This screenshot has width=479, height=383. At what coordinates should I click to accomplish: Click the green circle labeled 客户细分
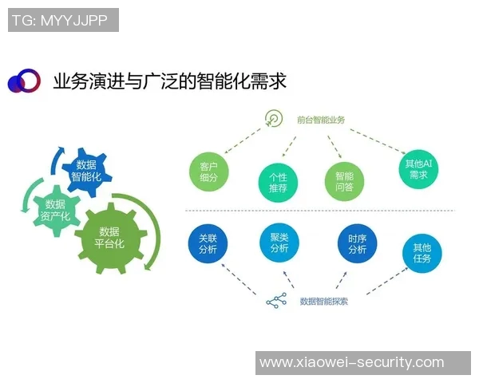[209, 172]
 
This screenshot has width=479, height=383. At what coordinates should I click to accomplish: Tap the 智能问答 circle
[344, 182]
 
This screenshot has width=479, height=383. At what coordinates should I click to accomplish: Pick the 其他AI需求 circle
[418, 168]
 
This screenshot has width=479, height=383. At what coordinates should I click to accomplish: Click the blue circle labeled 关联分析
[207, 243]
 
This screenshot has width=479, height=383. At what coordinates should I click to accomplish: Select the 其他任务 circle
[422, 254]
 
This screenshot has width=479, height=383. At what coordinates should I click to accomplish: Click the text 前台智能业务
[320, 120]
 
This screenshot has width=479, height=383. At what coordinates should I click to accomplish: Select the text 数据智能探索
[323, 302]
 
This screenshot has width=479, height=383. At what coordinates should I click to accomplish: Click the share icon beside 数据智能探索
[276, 302]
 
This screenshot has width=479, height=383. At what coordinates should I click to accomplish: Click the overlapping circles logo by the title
[23, 81]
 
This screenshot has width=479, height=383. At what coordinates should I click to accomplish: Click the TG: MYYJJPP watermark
[63, 21]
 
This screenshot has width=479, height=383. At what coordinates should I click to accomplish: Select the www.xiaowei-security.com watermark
[362, 362]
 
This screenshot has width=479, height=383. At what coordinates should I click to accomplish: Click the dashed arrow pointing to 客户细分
[240, 142]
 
